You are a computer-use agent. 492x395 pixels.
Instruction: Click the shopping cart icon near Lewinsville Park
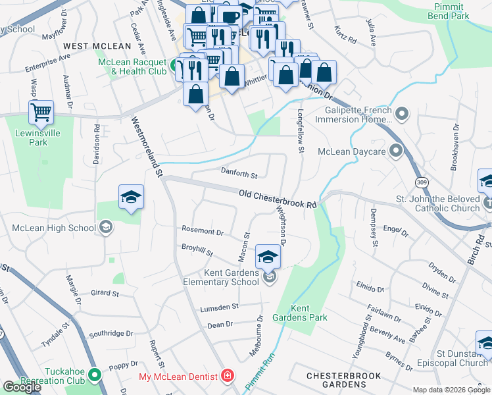(41, 113)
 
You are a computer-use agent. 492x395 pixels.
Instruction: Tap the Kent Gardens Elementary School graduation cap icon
(268, 257)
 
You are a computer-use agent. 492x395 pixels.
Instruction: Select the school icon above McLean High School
(131, 197)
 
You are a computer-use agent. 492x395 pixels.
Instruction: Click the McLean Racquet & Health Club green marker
(176, 65)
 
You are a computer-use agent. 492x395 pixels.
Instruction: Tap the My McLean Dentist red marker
(227, 377)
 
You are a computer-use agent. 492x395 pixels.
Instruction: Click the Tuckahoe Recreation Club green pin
(95, 376)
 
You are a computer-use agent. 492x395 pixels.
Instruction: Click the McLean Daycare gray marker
(395, 151)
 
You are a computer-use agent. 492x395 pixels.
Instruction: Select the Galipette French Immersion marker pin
(403, 115)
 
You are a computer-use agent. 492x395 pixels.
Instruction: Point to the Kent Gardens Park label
(309, 313)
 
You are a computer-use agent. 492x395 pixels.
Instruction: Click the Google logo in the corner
(22, 387)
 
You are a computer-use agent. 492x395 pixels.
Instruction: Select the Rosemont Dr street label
(203, 232)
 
